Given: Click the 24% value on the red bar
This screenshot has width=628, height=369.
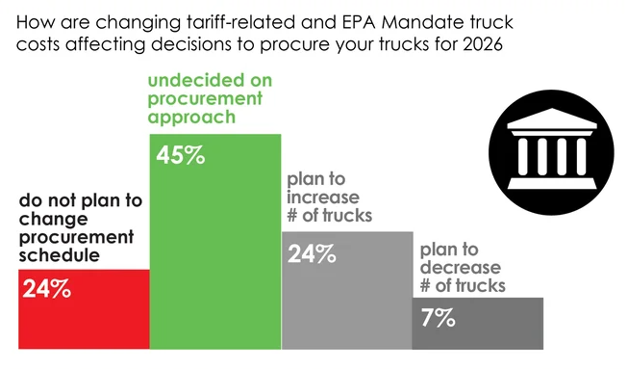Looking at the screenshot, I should click(x=46, y=287).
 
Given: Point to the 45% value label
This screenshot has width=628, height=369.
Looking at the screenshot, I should click(x=180, y=154).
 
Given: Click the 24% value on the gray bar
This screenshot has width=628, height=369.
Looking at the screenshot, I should click(x=312, y=254).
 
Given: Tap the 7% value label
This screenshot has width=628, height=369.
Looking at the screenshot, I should click(x=438, y=318).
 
